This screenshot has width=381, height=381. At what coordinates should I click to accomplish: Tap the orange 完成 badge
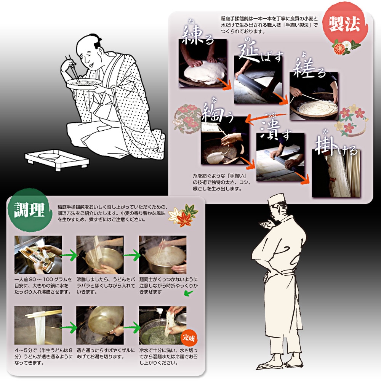(189, 338)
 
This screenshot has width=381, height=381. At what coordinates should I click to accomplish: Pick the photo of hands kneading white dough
(203, 63)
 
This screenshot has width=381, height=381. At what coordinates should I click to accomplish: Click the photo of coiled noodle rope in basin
(314, 96)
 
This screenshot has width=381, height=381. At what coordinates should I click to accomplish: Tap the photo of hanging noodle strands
(336, 173)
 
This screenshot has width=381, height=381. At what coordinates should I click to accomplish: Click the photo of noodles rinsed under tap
(163, 325)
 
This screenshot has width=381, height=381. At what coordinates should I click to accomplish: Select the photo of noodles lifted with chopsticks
(38, 325)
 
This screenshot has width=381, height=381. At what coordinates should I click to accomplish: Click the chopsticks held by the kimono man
(72, 68)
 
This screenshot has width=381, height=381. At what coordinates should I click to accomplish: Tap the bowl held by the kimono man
(84, 84)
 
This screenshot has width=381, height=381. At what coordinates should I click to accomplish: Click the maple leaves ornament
(183, 215)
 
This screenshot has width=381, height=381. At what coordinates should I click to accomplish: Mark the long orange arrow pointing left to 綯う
(266, 117)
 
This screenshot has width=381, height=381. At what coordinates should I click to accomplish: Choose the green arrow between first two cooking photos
(69, 255)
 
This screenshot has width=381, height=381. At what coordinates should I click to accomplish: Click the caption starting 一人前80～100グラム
(43, 285)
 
